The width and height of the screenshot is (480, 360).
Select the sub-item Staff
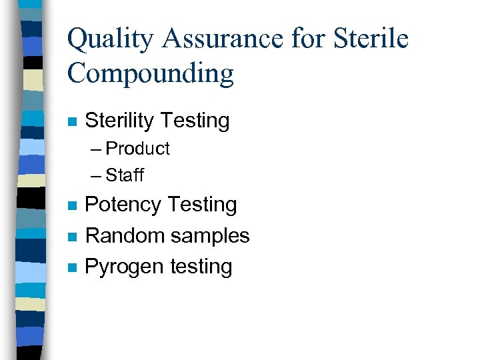click(125, 175)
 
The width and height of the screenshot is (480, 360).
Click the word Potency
click(124, 205)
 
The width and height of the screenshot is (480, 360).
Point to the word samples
click(210, 235)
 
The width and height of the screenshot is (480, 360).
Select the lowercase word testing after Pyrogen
click(201, 267)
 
